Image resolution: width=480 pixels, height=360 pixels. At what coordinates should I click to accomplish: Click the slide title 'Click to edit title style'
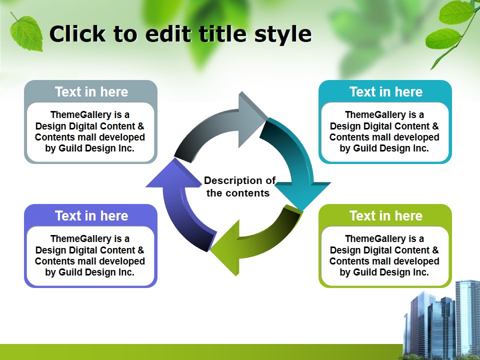(180, 34)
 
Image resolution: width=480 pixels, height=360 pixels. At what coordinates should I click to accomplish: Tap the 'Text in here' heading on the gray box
(91, 92)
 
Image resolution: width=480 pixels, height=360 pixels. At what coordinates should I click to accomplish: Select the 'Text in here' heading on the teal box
(385, 92)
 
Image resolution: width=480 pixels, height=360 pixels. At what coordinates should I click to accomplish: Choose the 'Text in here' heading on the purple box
(91, 216)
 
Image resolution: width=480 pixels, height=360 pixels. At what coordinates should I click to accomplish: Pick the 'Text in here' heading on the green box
(385, 216)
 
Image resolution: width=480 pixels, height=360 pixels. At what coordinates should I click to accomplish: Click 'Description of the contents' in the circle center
(239, 186)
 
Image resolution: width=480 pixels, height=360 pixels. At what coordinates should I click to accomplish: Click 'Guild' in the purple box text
(70, 272)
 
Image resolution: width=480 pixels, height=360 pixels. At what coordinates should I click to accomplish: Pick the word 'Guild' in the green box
(365, 272)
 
